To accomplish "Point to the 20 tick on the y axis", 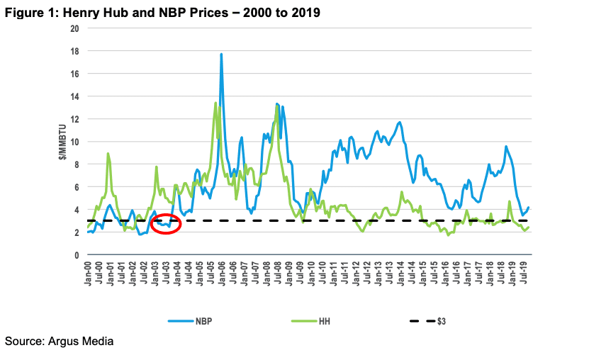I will click(x=73, y=28).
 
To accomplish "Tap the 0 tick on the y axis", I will click(x=75, y=255).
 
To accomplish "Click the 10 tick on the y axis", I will click(x=73, y=142).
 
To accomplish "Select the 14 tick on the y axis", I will click(x=73, y=96).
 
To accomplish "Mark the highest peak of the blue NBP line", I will click(x=221, y=55).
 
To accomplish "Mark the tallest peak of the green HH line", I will click(x=215, y=103).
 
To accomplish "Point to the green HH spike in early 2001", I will click(x=108, y=154).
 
